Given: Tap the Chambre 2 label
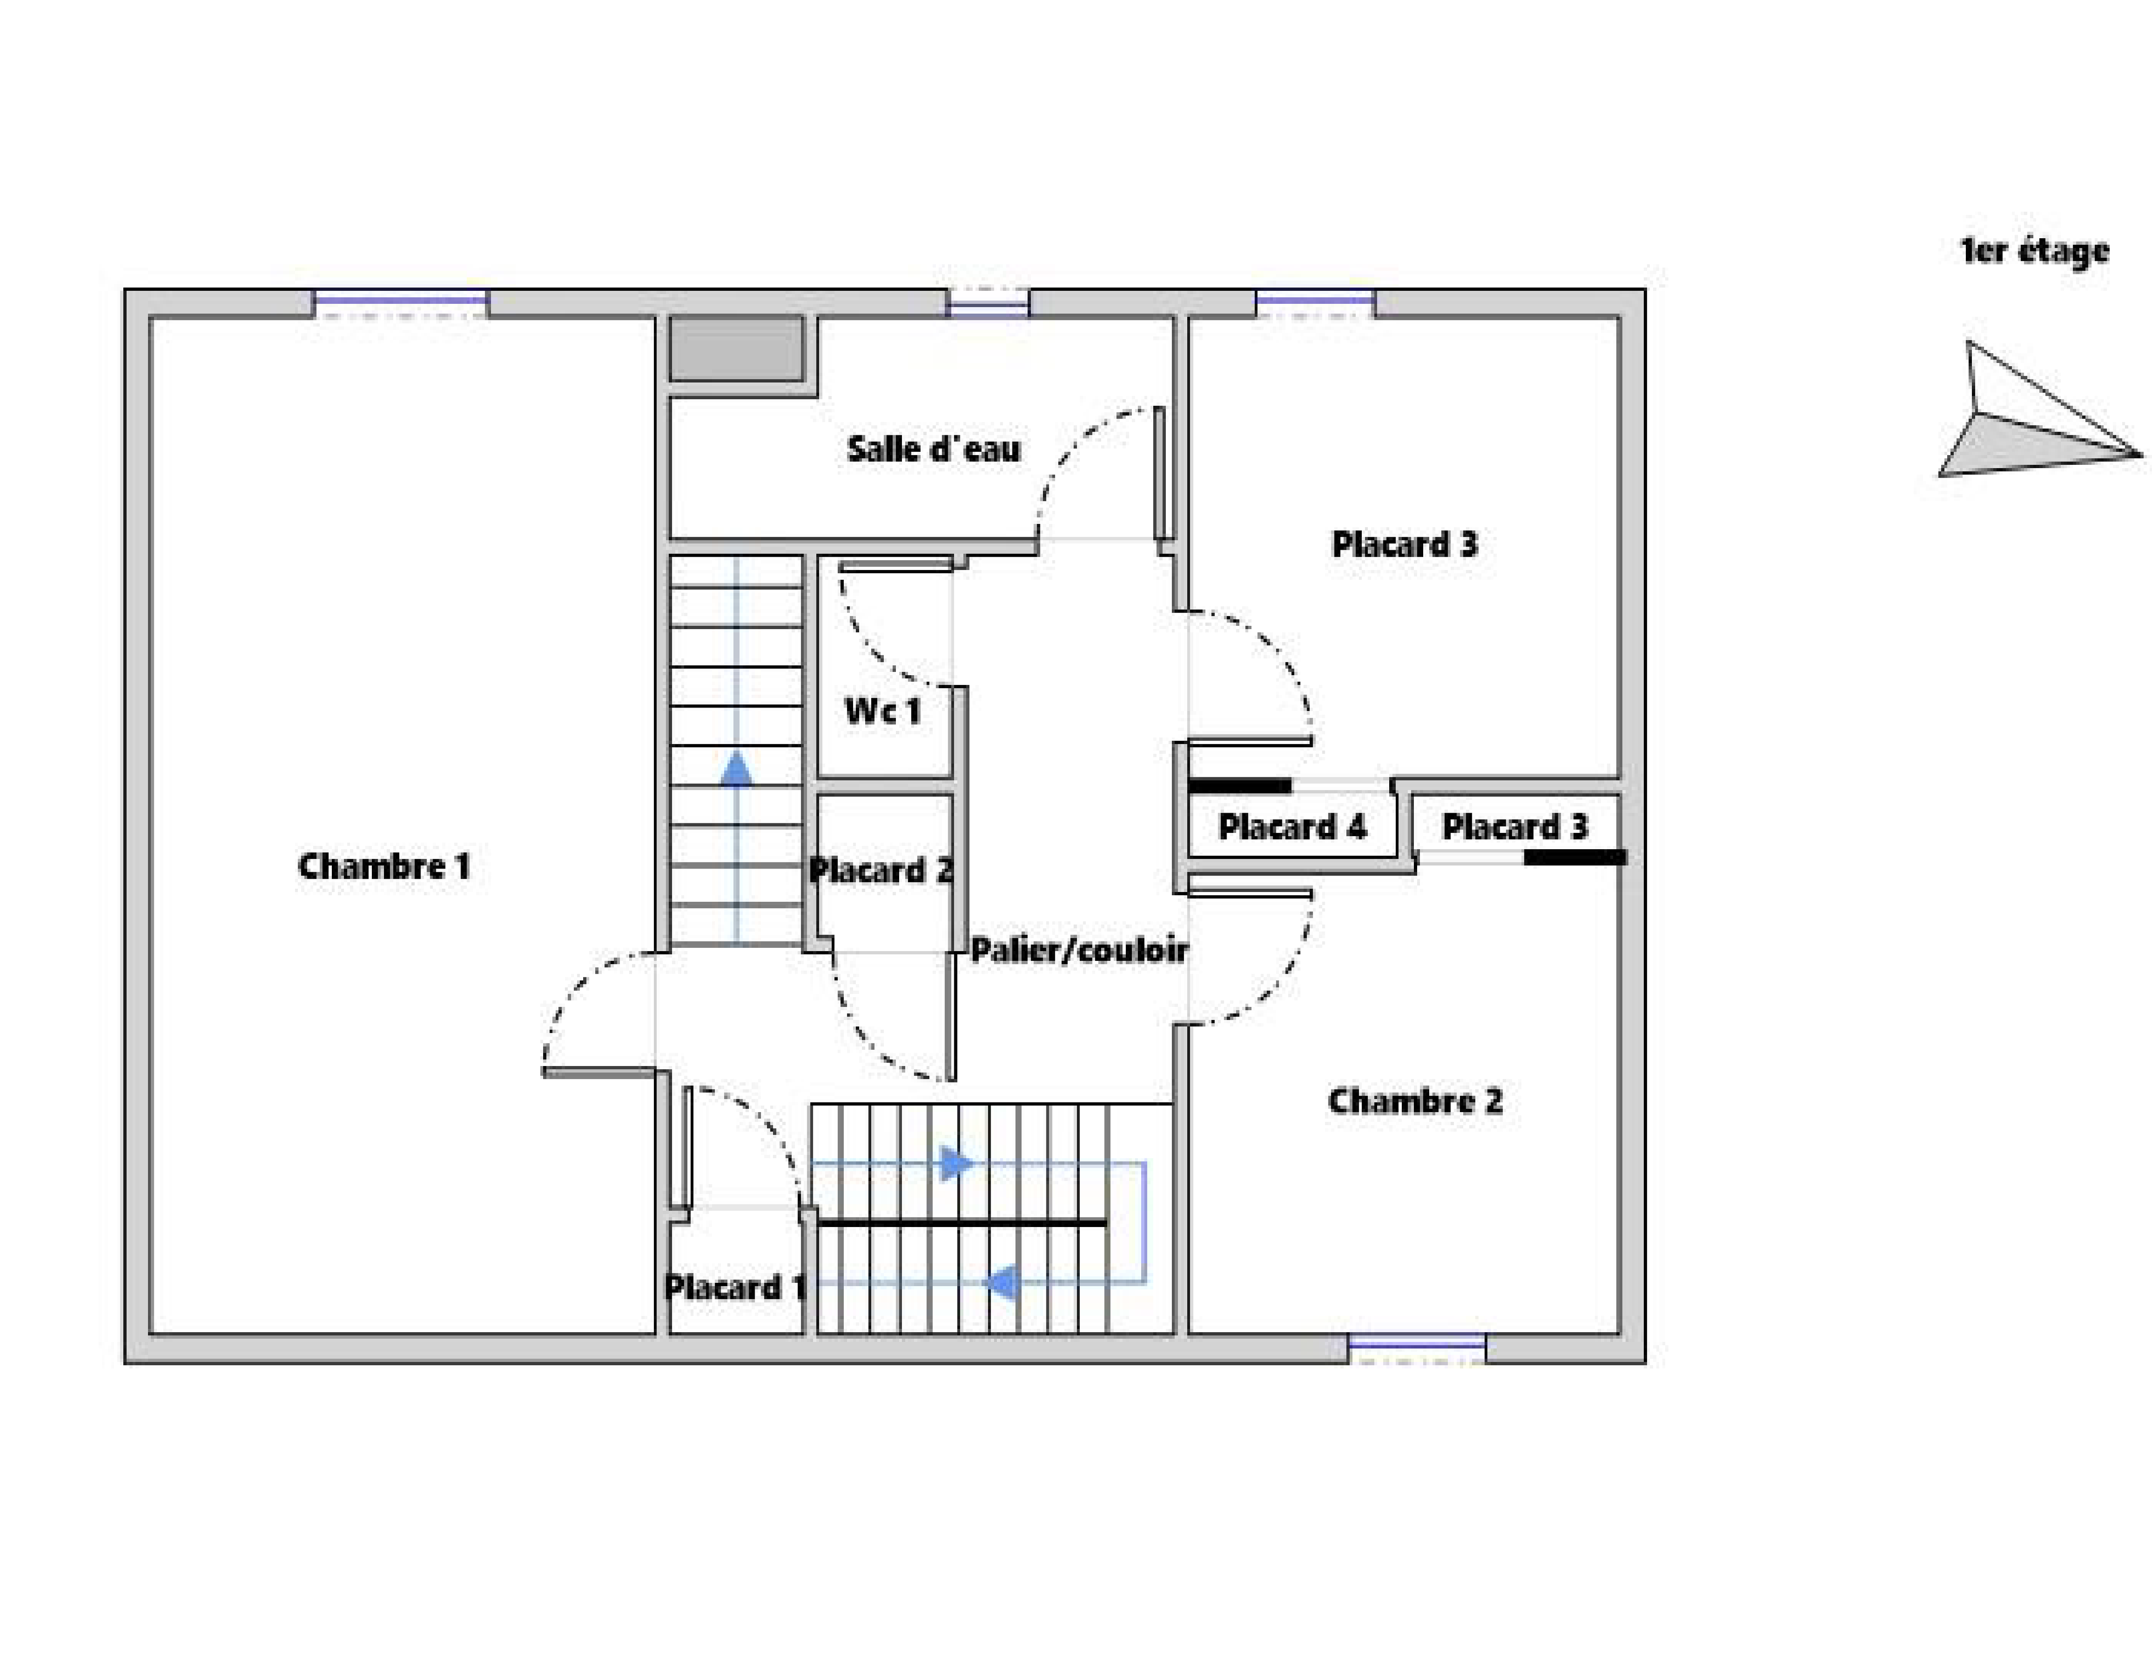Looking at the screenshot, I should (x=1415, y=1101).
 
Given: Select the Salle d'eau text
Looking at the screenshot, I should (x=933, y=450).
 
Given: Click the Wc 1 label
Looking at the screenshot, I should (x=883, y=710).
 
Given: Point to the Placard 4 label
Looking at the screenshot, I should (x=1292, y=826).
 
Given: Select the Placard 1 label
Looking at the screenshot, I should (x=735, y=1287).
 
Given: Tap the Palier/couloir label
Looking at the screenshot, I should (x=1079, y=950).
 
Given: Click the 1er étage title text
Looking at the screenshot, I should (x=2034, y=251).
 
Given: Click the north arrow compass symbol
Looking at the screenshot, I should (x=2030, y=419).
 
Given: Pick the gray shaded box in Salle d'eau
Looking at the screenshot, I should (x=735, y=349).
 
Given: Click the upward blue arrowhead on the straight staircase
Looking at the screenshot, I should (x=736, y=769).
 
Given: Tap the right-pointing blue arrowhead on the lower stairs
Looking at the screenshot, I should (x=956, y=1164).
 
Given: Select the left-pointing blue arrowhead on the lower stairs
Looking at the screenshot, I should (x=1002, y=1283).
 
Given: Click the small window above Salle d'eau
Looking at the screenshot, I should (x=988, y=303).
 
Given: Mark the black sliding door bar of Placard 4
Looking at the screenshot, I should (x=1240, y=785).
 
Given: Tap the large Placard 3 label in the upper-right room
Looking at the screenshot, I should (x=1404, y=544).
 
